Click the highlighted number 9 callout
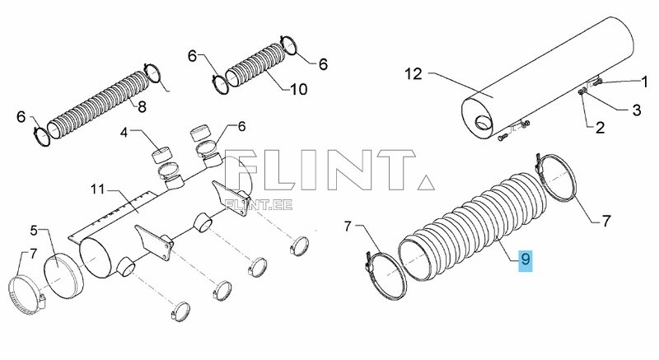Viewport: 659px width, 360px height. click(x=526, y=260)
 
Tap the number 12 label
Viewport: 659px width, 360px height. click(x=414, y=74)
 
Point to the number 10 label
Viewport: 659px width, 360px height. click(x=298, y=89)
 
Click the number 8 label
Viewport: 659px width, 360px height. click(x=142, y=107)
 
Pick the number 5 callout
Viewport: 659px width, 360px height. click(x=35, y=231)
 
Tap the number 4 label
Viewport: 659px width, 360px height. click(x=124, y=133)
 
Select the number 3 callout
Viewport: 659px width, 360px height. click(x=637, y=110)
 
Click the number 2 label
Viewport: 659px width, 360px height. click(x=600, y=128)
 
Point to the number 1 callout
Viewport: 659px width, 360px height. click(x=644, y=82)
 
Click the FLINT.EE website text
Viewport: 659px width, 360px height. click(x=259, y=204)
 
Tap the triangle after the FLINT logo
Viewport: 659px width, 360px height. click(x=426, y=182)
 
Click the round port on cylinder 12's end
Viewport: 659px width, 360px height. click(x=484, y=122)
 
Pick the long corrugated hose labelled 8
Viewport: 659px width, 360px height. click(x=98, y=105)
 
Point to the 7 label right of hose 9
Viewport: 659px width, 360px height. click(x=606, y=221)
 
